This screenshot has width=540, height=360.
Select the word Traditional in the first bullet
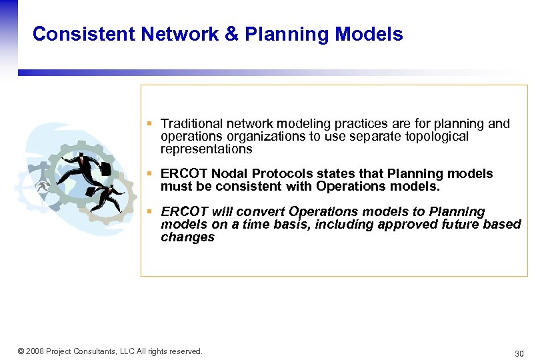(x=192, y=123)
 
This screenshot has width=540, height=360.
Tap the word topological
(x=438, y=136)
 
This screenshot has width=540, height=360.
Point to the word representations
(x=206, y=149)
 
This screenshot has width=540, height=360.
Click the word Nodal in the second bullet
(x=231, y=173)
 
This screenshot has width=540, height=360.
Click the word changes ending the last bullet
(x=187, y=237)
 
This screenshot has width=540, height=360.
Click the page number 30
(x=519, y=353)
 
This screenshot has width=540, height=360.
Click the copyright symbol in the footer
(x=21, y=351)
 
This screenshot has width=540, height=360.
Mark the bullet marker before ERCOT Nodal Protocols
(x=151, y=174)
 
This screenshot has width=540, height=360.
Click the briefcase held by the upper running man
(x=106, y=169)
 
